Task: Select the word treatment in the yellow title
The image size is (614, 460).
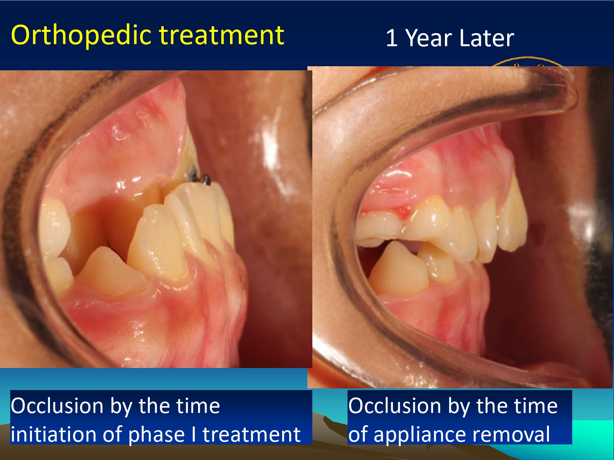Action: tap(222, 35)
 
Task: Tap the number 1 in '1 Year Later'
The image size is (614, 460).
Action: tap(392, 38)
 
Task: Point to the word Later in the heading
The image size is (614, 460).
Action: tap(487, 38)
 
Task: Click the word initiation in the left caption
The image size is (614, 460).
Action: tap(54, 434)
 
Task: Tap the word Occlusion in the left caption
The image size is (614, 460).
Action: tap(57, 406)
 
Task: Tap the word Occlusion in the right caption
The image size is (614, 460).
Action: tap(395, 406)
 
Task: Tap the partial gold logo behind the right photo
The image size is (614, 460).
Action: tap(527, 62)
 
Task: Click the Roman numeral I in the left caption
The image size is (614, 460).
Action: tap(194, 434)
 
